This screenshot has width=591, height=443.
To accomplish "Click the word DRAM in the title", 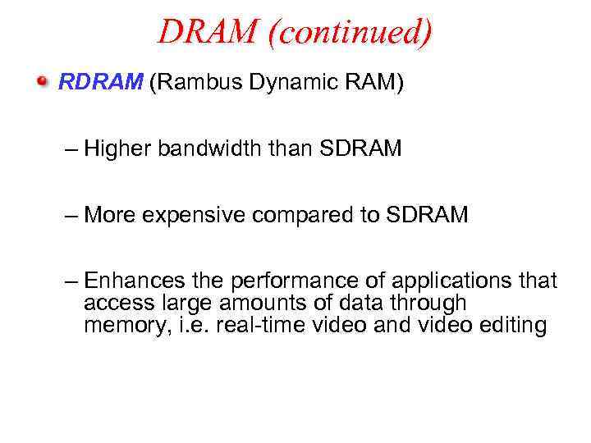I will [x=207, y=32].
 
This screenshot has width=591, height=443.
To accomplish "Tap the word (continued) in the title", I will [x=348, y=32].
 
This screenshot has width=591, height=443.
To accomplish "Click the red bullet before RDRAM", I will [x=42, y=82].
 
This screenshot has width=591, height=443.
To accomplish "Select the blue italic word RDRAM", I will [x=100, y=83].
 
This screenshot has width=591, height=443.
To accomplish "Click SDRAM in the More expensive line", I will [x=428, y=215].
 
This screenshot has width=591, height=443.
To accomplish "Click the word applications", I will [x=447, y=281].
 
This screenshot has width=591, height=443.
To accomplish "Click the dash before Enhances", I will [x=71, y=282].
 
